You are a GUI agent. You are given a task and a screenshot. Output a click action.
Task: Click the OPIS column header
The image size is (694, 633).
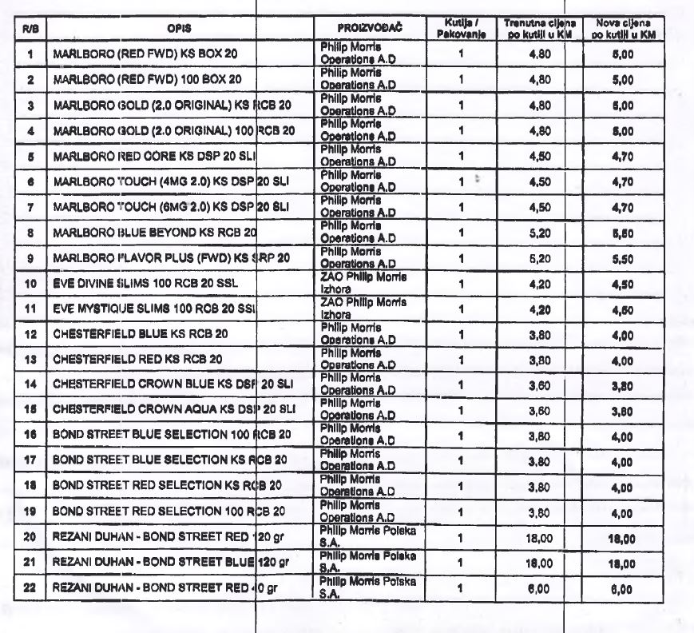(x=177, y=29)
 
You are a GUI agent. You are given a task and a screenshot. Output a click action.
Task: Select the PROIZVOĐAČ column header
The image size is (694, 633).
(x=368, y=29)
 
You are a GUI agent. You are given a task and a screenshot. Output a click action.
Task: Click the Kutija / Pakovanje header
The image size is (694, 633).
(x=461, y=29)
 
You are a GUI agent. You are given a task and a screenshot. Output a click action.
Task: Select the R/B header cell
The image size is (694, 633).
(x=30, y=29)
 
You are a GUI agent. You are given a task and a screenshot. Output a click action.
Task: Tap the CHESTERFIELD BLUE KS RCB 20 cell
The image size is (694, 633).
(x=141, y=332)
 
